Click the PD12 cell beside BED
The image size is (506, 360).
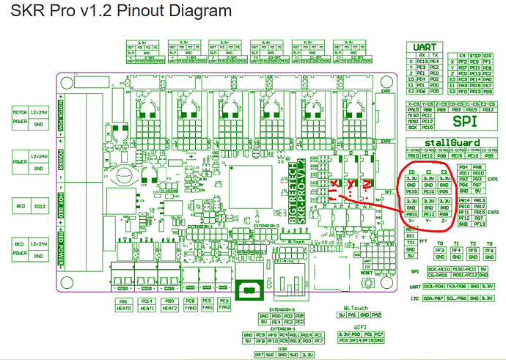coord(42,207)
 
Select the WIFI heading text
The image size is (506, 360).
coord(360,326)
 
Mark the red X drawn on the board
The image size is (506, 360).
coord(334,183)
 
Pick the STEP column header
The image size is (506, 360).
coord(476,54)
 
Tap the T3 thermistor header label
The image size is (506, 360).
coord(491,243)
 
